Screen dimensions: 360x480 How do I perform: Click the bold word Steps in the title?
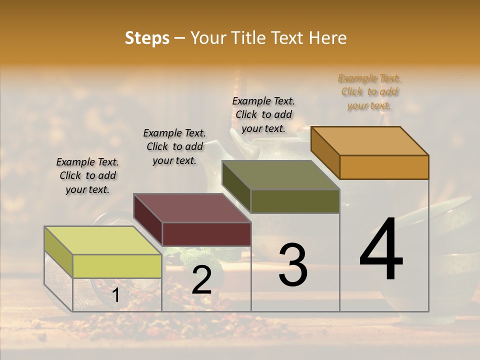[147, 38]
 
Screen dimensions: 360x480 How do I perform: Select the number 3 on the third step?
[292, 265]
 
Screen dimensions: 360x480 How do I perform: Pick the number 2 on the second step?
[201, 280]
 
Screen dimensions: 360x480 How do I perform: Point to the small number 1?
[115, 295]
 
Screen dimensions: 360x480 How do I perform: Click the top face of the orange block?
[370, 140]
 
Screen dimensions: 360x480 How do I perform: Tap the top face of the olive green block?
[281, 175]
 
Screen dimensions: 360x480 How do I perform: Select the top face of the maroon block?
[192, 208]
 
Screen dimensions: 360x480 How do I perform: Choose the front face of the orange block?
[384, 167]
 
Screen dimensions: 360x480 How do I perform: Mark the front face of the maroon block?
[206, 234]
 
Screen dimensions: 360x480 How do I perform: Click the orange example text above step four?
[369, 92]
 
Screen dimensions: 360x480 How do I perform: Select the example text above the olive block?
[263, 114]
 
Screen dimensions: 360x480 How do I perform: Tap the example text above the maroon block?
[174, 146]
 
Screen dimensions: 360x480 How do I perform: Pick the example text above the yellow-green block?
[87, 175]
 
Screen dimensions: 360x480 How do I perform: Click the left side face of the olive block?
[236, 187]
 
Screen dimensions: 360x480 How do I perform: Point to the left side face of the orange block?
[325, 152]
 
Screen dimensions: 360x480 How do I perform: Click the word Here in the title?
[328, 38]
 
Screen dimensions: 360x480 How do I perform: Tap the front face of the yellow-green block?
[117, 266]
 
